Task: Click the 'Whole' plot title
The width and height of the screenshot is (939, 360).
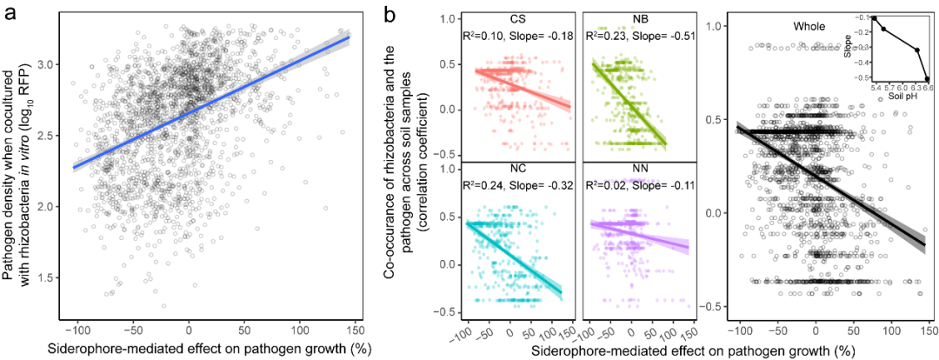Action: [x=809, y=27]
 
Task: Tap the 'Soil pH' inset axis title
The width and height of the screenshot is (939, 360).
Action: [x=893, y=94]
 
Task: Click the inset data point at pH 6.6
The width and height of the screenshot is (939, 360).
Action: [x=928, y=78]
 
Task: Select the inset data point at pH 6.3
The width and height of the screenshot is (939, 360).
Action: [x=916, y=50]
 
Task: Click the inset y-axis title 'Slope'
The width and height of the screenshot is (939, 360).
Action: [x=848, y=48]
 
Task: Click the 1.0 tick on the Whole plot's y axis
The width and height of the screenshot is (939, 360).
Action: [x=718, y=27]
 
